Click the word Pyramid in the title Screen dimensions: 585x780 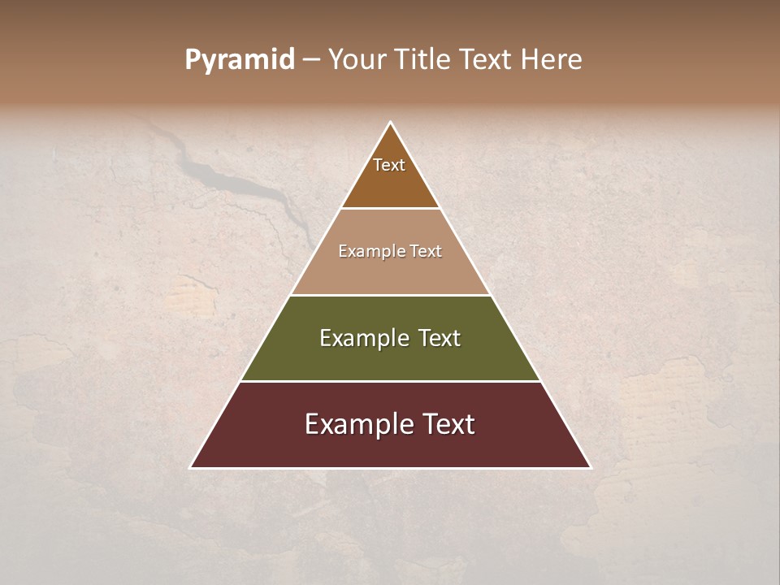(x=239, y=60)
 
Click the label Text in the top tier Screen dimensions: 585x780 (x=389, y=165)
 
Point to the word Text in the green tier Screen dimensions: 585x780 (x=440, y=338)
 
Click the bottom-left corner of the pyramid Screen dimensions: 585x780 (x=191, y=467)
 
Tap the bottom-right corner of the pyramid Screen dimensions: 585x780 (x=590, y=467)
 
